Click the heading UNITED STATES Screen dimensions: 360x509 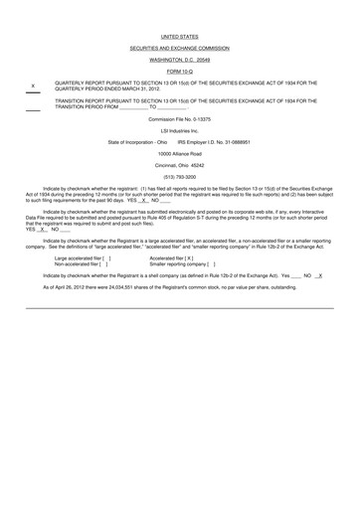click(x=179, y=36)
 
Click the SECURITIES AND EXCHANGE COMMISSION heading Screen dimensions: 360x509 click(x=179, y=48)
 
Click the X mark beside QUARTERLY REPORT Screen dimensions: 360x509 click(x=34, y=85)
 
